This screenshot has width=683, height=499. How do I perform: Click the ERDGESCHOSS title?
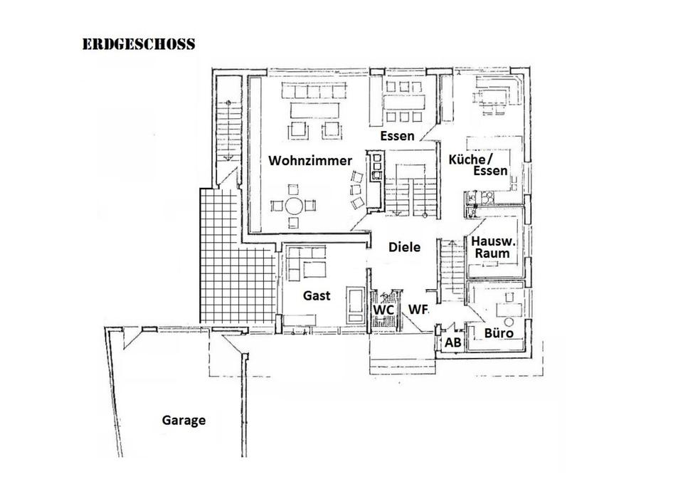(139, 44)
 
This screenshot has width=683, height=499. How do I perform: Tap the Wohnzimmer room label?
(310, 160)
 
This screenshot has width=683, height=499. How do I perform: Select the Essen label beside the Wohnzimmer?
(397, 135)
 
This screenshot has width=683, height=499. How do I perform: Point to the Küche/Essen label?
(478, 164)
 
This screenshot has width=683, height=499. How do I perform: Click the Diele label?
(404, 247)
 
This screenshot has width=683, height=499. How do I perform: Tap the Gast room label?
(317, 295)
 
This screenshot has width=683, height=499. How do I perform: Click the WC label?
(384, 310)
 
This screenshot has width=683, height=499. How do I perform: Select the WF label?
(418, 309)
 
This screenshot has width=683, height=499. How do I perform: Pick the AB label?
(452, 342)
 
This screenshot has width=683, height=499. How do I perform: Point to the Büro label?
(499, 333)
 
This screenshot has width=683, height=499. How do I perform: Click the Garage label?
(184, 421)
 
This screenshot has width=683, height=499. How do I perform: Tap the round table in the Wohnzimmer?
(294, 206)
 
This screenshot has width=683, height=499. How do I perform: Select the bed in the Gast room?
(356, 305)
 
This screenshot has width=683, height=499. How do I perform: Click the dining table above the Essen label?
(403, 102)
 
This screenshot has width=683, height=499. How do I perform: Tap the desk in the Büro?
(509, 310)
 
